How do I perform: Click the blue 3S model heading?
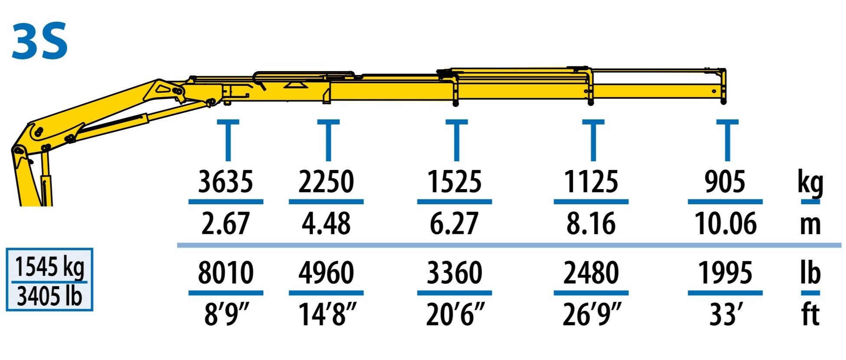pos(40,41)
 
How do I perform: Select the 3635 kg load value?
pos(225,181)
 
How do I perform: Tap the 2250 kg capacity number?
pos(326,181)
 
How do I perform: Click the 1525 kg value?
pos(454,181)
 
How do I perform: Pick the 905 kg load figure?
pos(725,181)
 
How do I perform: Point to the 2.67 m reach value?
pos(225,223)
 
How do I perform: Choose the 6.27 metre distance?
pos(454,223)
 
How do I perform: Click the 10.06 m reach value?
pos(725,223)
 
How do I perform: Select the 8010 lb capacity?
pos(225,272)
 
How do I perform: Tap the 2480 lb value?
pos(591,272)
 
